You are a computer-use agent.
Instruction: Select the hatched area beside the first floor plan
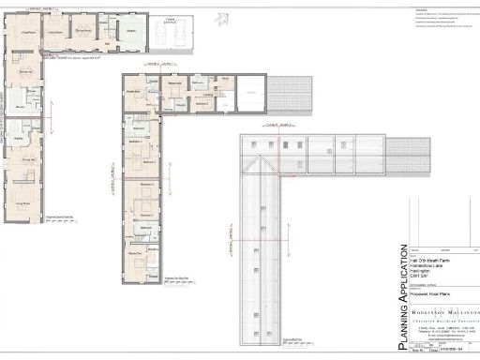[291, 94]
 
